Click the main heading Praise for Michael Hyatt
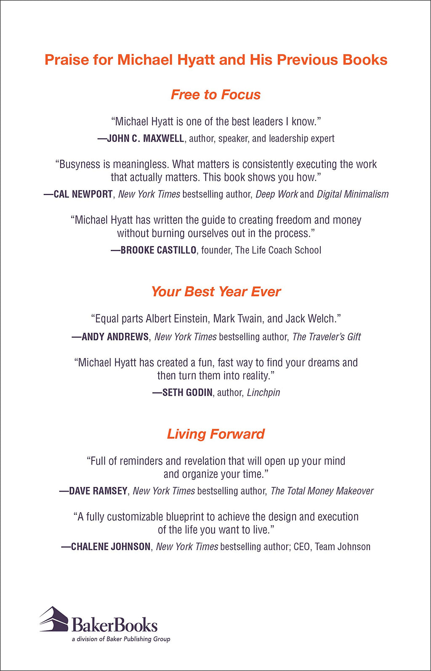pos(215,60)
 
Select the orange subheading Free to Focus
pos(215,95)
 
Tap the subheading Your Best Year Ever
pos(215,291)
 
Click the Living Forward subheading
pos(215,434)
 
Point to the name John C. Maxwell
pos(145,139)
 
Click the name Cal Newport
pos(83,194)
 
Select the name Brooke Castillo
pos(158,250)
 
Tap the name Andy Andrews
pos(115,337)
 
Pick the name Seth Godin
pos(187,393)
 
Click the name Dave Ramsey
pos(98,491)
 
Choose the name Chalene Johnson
pos(111,547)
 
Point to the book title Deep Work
pos(277,194)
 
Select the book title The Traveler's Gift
pos(327,337)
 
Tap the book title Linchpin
pos(263,393)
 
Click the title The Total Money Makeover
pos(322,491)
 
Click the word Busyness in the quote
pos(78,164)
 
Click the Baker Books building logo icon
pos(54,619)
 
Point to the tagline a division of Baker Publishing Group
pos(121,639)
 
